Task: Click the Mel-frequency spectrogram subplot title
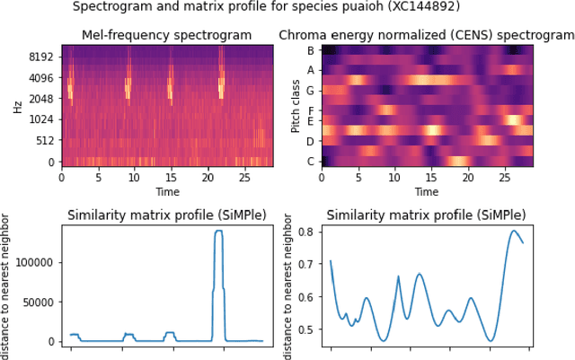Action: tap(167, 35)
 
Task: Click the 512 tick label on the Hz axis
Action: tap(44, 140)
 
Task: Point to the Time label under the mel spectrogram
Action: tap(167, 192)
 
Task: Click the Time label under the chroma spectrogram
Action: tap(426, 192)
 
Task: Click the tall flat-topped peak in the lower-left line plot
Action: tap(218, 232)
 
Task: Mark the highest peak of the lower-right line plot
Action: tap(514, 232)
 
